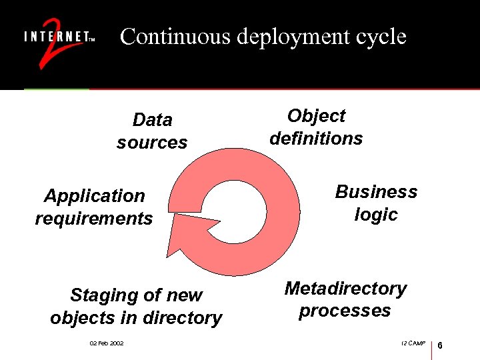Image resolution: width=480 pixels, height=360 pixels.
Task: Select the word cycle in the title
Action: [x=379, y=37]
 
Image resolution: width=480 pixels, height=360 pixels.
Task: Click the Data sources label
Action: [x=152, y=131]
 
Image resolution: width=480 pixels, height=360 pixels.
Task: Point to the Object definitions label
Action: [x=316, y=127]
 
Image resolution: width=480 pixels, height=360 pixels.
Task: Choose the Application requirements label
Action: [x=94, y=207]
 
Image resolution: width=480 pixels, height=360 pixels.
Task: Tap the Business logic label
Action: [x=376, y=203]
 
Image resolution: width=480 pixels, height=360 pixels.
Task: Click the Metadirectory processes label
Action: [x=345, y=299]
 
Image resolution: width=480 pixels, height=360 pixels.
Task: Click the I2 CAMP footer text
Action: [x=414, y=343]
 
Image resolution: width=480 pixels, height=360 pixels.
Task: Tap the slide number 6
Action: [x=441, y=345]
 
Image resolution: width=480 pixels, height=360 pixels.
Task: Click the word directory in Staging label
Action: [x=189, y=318]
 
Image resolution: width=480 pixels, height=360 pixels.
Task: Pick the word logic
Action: [x=376, y=215]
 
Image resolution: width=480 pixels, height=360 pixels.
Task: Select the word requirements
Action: [x=94, y=219]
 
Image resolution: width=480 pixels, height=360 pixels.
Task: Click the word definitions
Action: [x=316, y=139]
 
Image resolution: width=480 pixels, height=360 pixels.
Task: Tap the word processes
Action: [x=345, y=311]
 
